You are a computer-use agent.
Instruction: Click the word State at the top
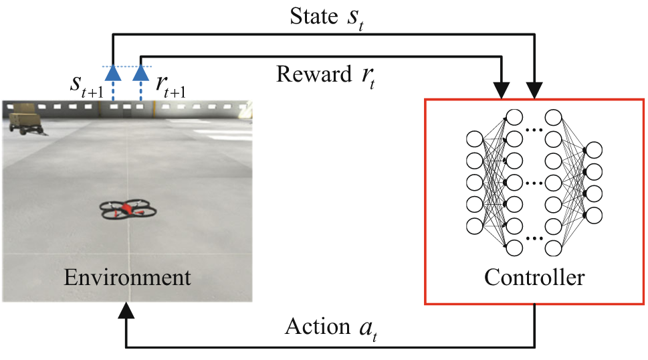(314, 17)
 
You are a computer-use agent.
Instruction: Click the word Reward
(314, 74)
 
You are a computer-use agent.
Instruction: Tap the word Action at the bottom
(318, 327)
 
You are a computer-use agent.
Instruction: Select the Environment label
(127, 277)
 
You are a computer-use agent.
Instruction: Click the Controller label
(534, 277)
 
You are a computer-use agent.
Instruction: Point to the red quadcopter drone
(128, 209)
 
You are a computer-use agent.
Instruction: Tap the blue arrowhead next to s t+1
(113, 73)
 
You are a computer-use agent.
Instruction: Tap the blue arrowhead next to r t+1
(141, 73)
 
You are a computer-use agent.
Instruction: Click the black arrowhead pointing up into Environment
(126, 310)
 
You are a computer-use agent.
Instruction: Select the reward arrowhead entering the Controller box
(502, 90)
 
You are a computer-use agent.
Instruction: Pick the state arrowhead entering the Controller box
(534, 90)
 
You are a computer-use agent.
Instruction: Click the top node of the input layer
(474, 139)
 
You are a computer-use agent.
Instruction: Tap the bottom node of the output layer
(594, 215)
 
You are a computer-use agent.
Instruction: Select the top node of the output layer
(594, 150)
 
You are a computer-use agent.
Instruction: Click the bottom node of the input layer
(474, 226)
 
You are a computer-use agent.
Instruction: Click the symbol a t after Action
(368, 329)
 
